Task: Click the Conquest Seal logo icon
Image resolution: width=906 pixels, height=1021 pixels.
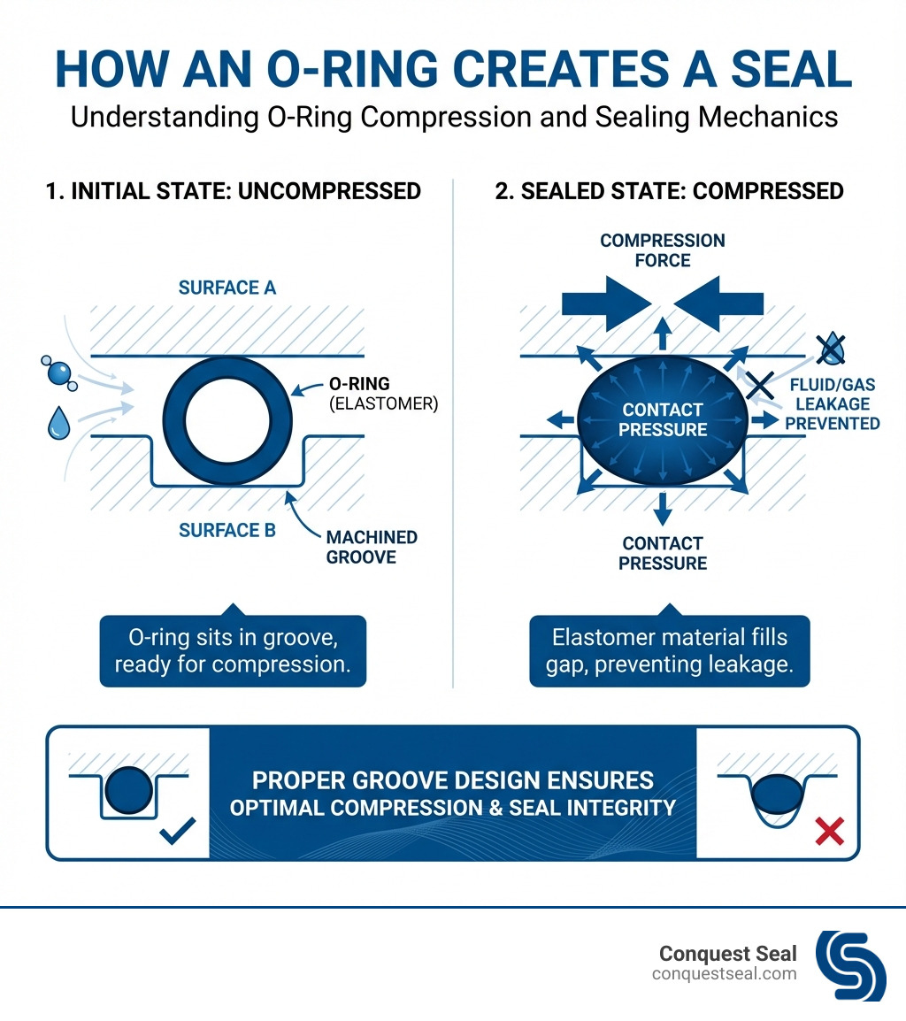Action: click(x=850, y=965)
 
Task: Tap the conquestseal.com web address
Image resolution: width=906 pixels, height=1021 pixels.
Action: click(x=725, y=974)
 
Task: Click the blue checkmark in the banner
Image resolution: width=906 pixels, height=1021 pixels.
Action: click(x=177, y=831)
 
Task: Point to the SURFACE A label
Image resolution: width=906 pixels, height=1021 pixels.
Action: click(x=227, y=288)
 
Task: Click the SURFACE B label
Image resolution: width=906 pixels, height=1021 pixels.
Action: click(x=227, y=530)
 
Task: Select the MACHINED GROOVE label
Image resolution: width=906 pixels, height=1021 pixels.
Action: click(x=372, y=548)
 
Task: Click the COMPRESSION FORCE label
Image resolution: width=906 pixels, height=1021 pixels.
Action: click(x=663, y=250)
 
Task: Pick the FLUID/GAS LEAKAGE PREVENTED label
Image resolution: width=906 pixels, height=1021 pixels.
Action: click(x=832, y=403)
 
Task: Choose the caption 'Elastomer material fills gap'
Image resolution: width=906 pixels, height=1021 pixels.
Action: click(x=669, y=650)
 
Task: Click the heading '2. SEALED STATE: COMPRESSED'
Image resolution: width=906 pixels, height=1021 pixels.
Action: click(x=669, y=191)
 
